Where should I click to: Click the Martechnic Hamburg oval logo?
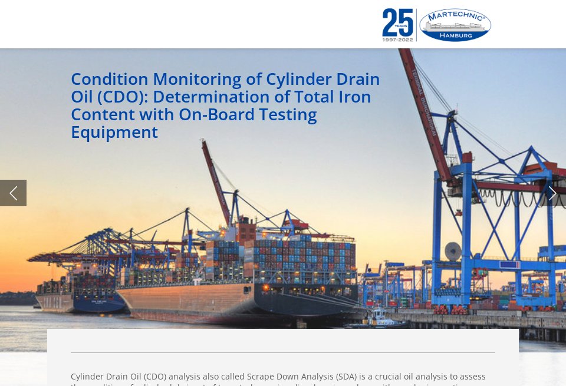click(455, 25)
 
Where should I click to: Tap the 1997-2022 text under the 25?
click(397, 39)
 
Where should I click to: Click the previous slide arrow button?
click(13, 193)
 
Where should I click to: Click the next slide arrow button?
click(552, 193)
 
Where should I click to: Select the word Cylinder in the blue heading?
click(298, 79)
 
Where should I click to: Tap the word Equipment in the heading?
click(114, 132)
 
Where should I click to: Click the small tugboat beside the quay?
click(377, 319)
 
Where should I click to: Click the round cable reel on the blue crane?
click(453, 252)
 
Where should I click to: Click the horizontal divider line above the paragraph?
click(283, 352)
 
